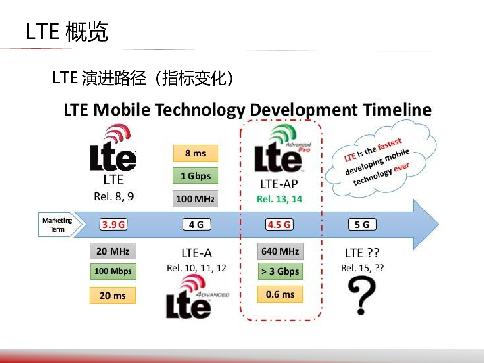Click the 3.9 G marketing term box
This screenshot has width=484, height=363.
click(114, 225)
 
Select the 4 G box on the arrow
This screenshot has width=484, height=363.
click(197, 225)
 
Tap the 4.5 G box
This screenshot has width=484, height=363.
click(280, 225)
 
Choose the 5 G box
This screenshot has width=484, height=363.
click(362, 225)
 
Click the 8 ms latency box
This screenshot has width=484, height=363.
click(196, 153)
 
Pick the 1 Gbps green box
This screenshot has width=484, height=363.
click(195, 176)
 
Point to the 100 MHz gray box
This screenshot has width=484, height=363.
click(195, 198)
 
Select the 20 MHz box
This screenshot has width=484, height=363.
click(113, 251)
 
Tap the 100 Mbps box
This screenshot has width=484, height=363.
click(113, 271)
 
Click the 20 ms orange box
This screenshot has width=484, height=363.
click(113, 295)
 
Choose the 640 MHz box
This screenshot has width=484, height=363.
click(280, 251)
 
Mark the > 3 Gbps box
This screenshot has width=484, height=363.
click(280, 271)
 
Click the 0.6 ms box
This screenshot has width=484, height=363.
click(280, 294)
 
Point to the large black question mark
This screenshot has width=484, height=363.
click(362, 295)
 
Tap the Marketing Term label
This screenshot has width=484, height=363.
click(57, 225)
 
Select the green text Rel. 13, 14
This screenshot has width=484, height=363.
click(280, 199)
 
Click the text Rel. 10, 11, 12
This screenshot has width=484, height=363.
click(197, 268)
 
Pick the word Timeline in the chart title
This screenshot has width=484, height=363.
click(397, 110)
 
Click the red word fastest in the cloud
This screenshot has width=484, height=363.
click(390, 144)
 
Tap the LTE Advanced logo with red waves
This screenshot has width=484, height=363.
click(197, 296)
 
